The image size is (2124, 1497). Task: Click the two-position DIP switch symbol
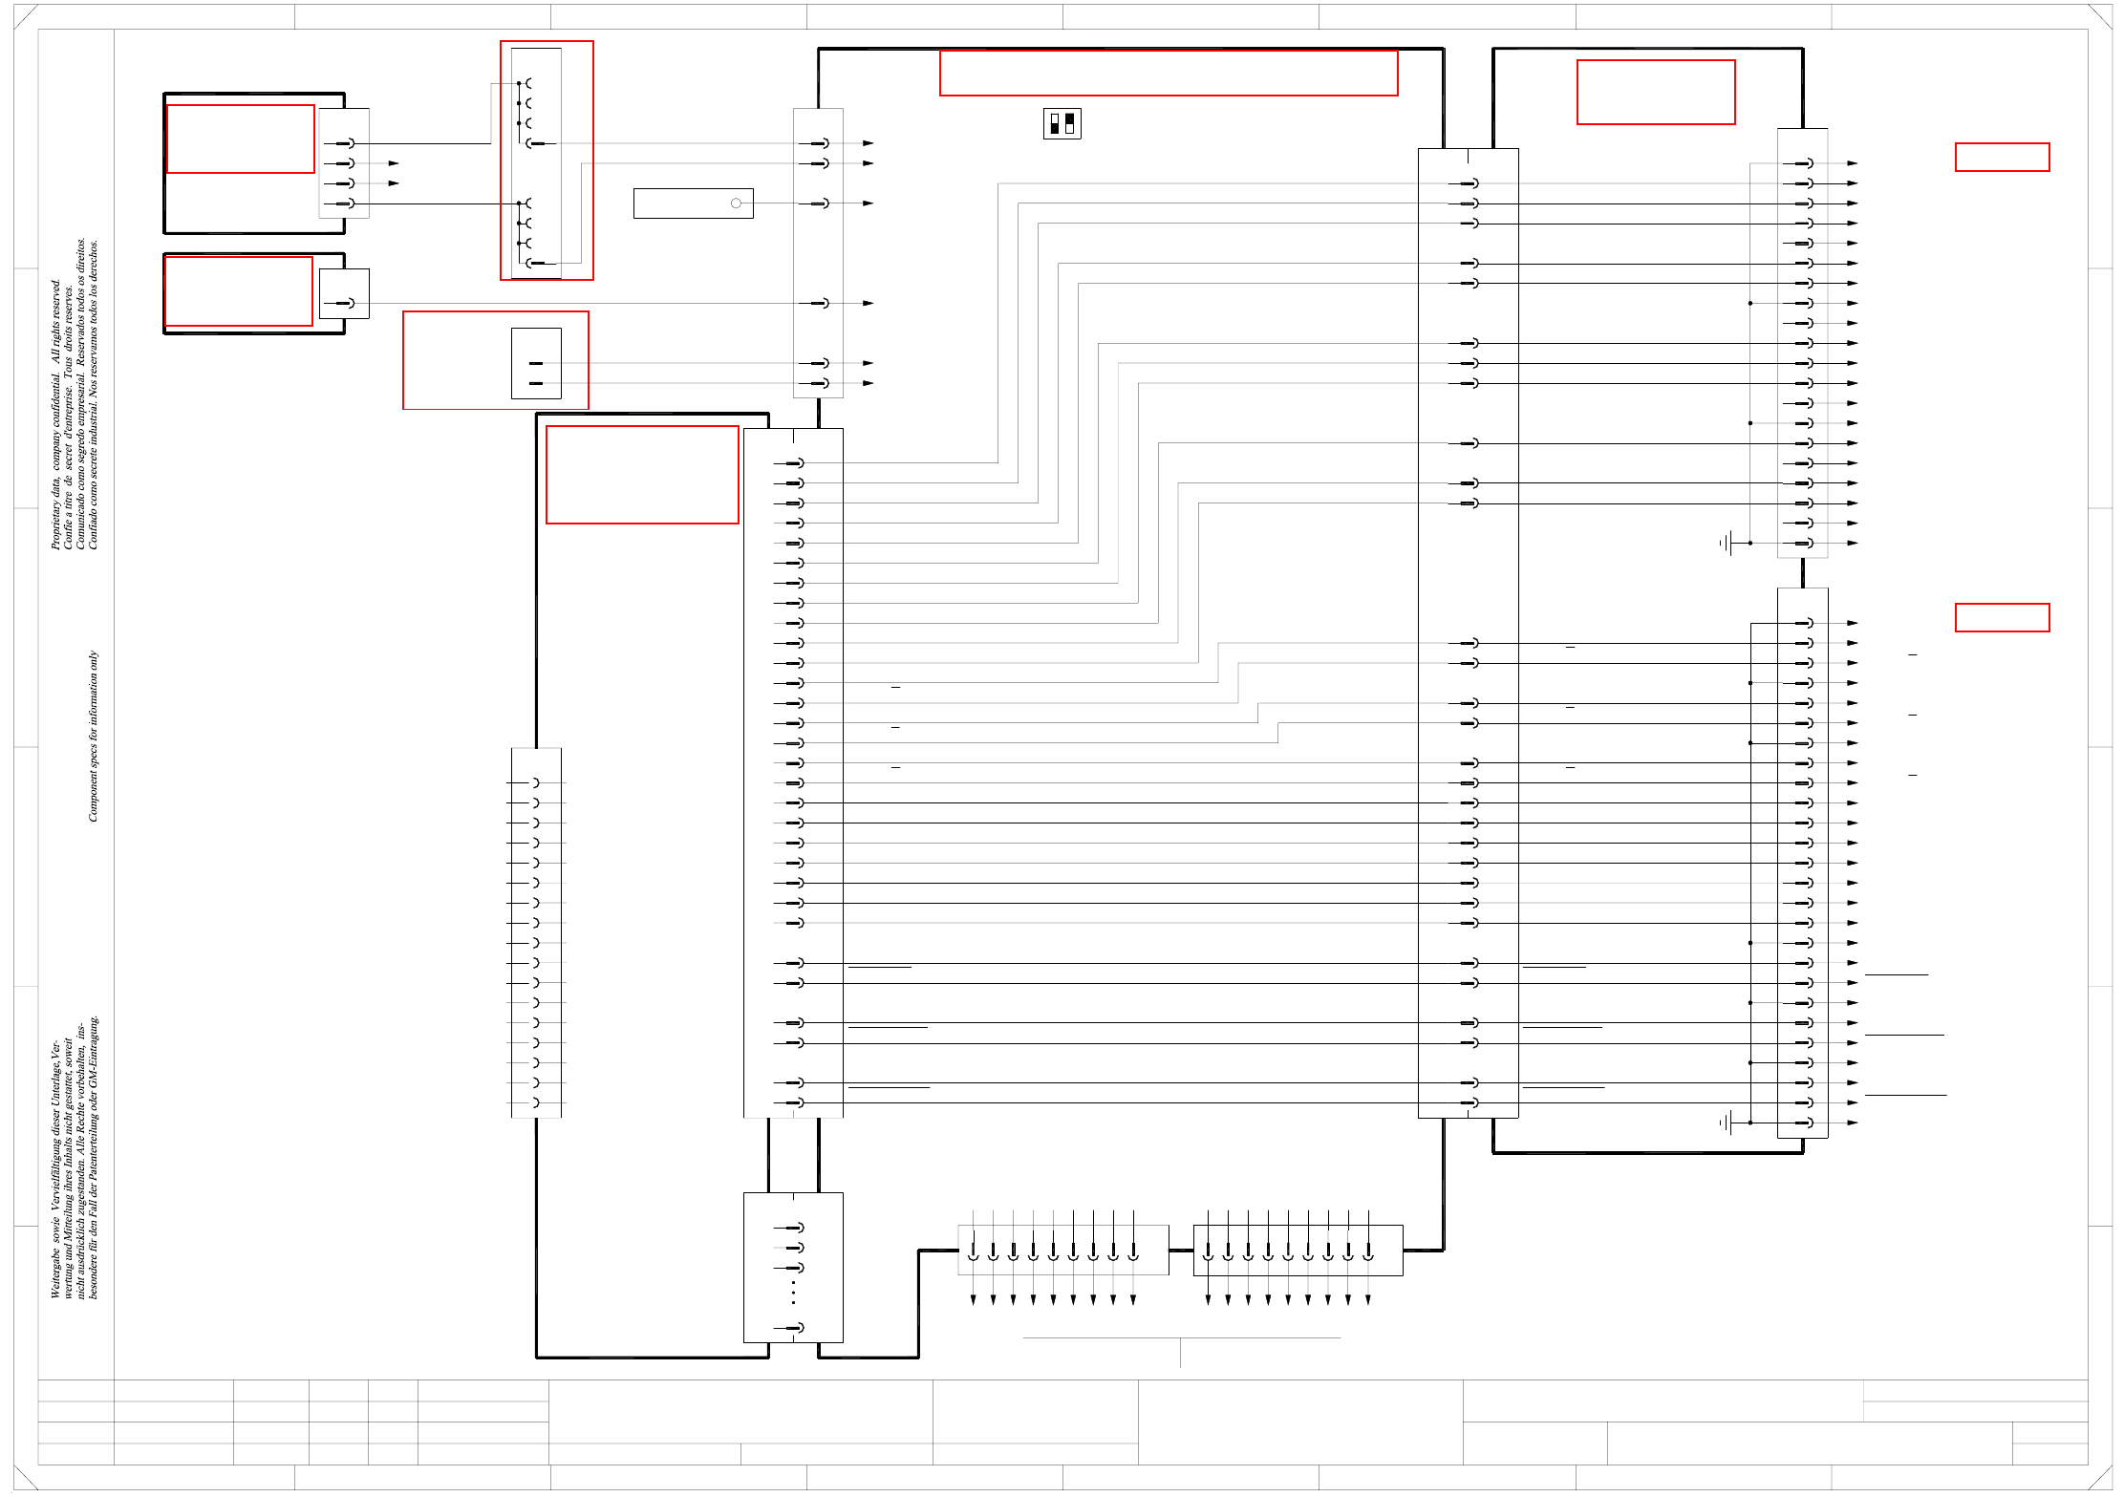tap(1062, 124)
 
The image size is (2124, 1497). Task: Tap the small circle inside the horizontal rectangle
tap(736, 203)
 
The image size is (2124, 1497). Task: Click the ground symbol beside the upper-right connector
tap(1727, 543)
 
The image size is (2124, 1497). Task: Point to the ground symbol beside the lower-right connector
tap(1727, 1123)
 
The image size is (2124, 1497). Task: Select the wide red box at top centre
tap(1168, 73)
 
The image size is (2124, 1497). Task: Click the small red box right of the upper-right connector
tap(2002, 157)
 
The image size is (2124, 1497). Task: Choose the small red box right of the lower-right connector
tap(2002, 617)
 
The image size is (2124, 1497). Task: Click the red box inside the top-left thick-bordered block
tap(241, 139)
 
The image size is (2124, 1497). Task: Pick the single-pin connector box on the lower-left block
tap(344, 293)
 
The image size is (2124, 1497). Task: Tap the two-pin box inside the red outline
tap(536, 364)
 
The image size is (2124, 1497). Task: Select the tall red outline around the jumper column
tap(547, 160)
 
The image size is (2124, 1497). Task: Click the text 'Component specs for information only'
tap(93, 736)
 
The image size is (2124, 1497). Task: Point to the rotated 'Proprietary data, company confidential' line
tap(55, 414)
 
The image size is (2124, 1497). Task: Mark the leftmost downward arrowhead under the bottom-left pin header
tap(973, 1299)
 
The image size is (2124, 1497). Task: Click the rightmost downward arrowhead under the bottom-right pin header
tap(1368, 1299)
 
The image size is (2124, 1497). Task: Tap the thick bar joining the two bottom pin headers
tap(1181, 1250)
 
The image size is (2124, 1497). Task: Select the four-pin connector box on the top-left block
tap(344, 163)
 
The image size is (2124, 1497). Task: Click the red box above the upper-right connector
tap(1656, 92)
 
